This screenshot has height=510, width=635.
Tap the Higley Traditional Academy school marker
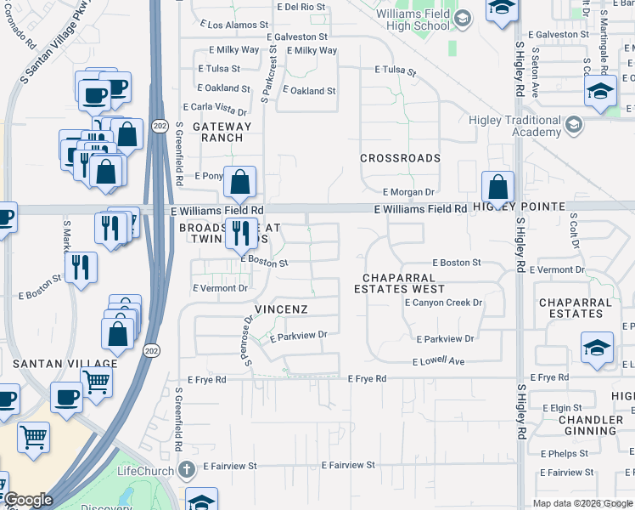coord(575,127)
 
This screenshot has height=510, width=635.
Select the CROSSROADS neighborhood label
coord(400,158)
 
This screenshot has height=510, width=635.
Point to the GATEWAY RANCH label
coord(222,132)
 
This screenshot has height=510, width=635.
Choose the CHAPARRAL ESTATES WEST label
coord(399,283)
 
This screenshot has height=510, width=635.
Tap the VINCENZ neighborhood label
coord(281,309)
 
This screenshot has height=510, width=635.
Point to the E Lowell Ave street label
coord(438,362)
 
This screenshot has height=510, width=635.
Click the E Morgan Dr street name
coord(408,193)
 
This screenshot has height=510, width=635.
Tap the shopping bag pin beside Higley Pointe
coord(497,186)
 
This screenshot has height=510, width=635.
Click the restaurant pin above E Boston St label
coord(241,232)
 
